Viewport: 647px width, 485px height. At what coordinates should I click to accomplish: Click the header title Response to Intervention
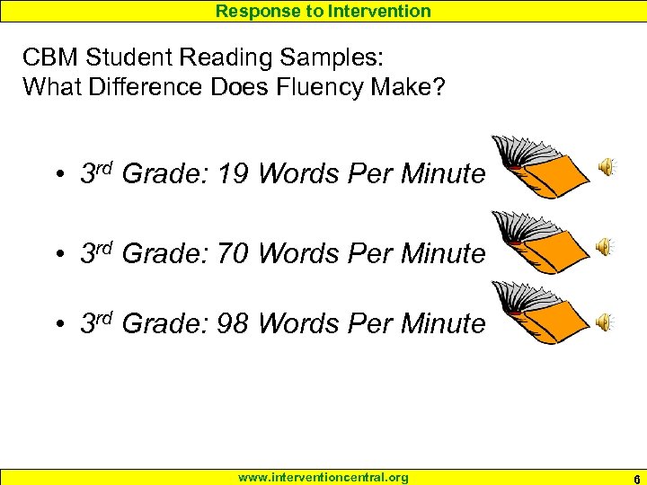(x=323, y=11)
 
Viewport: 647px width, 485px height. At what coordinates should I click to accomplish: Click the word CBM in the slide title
(x=49, y=58)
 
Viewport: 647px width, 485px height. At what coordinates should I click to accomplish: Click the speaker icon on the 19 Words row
(x=607, y=166)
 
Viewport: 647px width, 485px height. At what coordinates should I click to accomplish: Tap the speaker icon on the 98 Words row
(x=607, y=322)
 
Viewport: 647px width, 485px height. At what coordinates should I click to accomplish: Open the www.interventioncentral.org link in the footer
(x=323, y=477)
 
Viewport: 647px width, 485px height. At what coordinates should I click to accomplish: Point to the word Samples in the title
(x=334, y=58)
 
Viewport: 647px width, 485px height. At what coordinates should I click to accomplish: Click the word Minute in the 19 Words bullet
(x=443, y=173)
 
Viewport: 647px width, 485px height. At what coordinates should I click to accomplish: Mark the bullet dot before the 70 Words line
(x=57, y=255)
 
